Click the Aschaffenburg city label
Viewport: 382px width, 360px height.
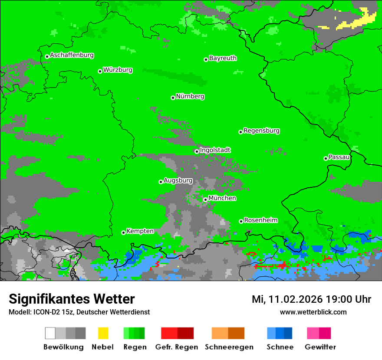[x=72, y=55]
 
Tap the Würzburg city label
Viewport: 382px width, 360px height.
[x=118, y=70]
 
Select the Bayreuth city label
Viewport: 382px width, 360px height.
[x=223, y=58]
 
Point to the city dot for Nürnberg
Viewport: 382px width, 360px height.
[x=173, y=98]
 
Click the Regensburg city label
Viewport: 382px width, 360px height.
[x=261, y=131]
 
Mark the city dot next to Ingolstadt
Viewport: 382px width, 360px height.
[x=197, y=151]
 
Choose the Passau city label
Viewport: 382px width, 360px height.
[x=339, y=157]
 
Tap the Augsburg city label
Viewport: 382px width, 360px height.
[x=178, y=180]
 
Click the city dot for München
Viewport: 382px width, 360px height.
[x=205, y=200]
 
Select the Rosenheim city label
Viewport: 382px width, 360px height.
[x=260, y=220]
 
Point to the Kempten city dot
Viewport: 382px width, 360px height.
[x=123, y=232]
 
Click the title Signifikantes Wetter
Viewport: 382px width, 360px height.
[x=72, y=299]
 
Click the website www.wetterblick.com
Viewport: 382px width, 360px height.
[x=313, y=312]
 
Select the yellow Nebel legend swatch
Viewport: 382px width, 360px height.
[x=103, y=333]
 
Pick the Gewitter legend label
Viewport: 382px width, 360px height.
[x=320, y=347]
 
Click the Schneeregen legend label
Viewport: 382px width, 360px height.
[x=229, y=347]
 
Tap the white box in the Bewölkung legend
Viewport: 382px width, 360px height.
[x=50, y=333]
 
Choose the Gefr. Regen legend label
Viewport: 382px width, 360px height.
[x=176, y=347]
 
